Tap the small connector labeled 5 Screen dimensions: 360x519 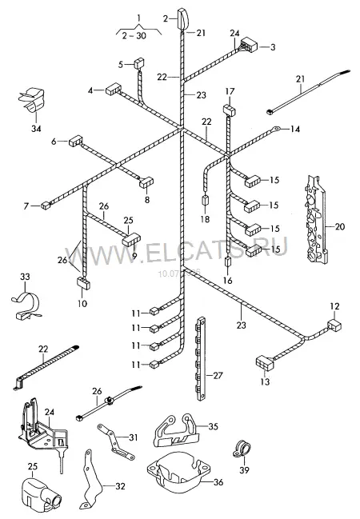point(139,63)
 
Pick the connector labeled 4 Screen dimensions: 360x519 point(114,90)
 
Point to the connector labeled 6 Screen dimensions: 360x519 point(75,141)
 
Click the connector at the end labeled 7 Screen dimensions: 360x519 point(46,206)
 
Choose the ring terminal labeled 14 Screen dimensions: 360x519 point(275,128)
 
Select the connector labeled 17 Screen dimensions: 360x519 point(229,110)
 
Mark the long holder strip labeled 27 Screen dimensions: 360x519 point(201,358)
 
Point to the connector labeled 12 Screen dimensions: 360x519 point(334,325)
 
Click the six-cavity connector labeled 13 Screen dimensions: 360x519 point(265,362)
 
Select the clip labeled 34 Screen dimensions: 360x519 point(30,100)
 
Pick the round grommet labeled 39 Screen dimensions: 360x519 point(242,449)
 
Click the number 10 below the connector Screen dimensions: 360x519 point(82,303)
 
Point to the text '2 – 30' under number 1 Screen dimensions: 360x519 point(134,35)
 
